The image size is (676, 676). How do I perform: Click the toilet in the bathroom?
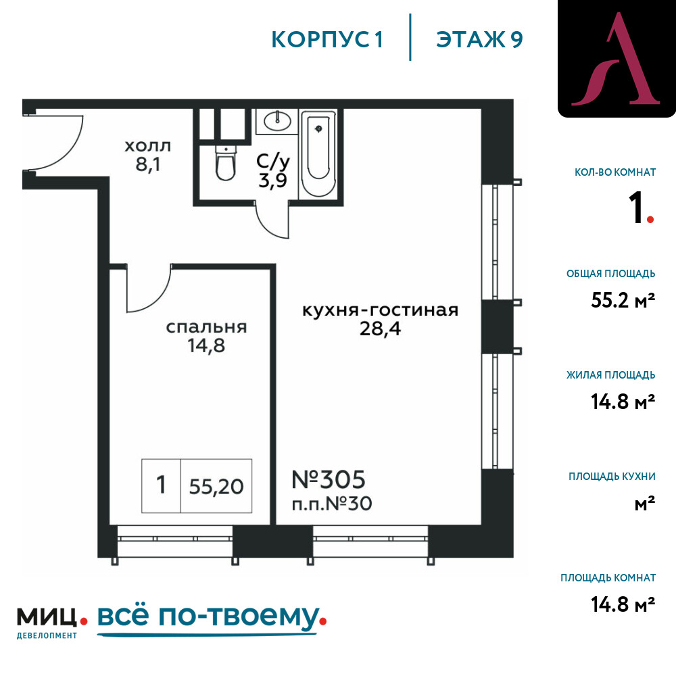pyautogui.click(x=226, y=164)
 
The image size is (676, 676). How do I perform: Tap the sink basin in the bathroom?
pyautogui.click(x=277, y=121)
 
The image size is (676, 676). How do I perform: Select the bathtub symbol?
pyautogui.click(x=318, y=154)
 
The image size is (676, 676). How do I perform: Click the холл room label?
pyautogui.click(x=147, y=146)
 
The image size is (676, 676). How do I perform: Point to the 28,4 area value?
pyautogui.click(x=380, y=329)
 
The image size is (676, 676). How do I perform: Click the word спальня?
pyautogui.click(x=206, y=327)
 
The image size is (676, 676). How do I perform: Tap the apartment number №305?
pyautogui.click(x=329, y=479)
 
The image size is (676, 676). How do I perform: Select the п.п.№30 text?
pyautogui.click(x=332, y=504)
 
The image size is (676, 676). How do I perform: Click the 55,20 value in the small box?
pyautogui.click(x=216, y=486)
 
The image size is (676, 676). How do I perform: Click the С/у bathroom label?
pyautogui.click(x=273, y=162)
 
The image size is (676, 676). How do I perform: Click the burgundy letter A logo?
pyautogui.click(x=616, y=59)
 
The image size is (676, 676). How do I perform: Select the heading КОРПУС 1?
pyautogui.click(x=327, y=39)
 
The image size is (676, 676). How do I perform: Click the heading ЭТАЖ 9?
pyautogui.click(x=479, y=39)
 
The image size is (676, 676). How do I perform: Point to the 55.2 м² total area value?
pyautogui.click(x=623, y=300)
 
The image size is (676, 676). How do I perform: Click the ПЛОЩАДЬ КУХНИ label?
pyautogui.click(x=612, y=477)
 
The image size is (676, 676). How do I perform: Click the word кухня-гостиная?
pyautogui.click(x=380, y=310)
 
